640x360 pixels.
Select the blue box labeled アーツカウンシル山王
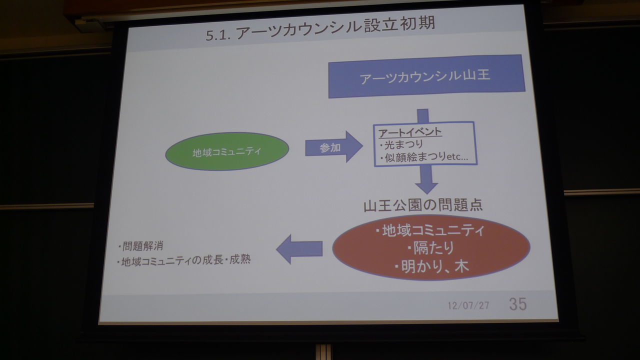[426, 76]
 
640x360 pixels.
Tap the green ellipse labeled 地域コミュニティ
[227, 151]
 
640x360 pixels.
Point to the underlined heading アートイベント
[403, 132]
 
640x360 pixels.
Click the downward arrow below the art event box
[426, 179]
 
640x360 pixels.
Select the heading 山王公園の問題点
[423, 205]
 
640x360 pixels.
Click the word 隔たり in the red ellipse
[430, 248]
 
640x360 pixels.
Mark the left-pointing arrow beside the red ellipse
[299, 248]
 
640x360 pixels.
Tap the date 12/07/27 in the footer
[468, 304]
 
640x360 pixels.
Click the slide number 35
[517, 303]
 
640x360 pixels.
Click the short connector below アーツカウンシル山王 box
[423, 115]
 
